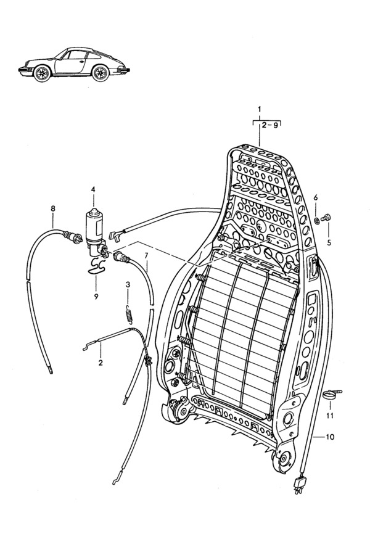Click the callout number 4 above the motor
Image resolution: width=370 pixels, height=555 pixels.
coord(93,189)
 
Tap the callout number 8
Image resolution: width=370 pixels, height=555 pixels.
coord(53,208)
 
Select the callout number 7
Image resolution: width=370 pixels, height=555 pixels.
coord(146,255)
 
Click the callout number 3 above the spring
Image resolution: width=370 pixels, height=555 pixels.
coord(128,284)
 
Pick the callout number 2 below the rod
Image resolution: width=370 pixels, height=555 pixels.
coord(101,363)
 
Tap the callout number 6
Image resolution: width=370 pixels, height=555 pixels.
coord(316,197)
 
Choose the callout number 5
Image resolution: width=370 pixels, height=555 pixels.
coord(329,244)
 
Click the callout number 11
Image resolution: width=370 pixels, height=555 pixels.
coord(330,416)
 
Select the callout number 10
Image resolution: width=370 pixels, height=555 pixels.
coord(330,437)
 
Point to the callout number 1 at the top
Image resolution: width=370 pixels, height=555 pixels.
coord(260,109)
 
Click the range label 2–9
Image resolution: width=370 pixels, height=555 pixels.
coord(270,125)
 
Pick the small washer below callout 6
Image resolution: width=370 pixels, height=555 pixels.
coord(316,221)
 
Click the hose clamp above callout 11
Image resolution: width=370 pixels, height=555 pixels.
coord(332,395)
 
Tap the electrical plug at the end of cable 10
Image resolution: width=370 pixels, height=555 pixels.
coord(300,484)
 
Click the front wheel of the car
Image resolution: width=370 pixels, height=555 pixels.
coord(42,73)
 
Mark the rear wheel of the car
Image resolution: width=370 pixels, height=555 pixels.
coord(101,73)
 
